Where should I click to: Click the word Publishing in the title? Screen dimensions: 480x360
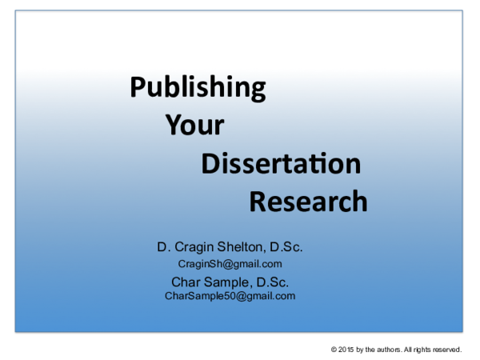coord(198,88)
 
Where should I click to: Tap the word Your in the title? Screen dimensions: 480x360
coord(194,124)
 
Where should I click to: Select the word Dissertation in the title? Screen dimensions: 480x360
coord(281,163)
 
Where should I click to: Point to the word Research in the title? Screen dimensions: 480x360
coord(308,201)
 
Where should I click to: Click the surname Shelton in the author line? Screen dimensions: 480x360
coord(242,247)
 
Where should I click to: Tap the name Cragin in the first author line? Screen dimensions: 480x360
coord(194,247)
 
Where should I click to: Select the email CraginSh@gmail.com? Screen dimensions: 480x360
coord(230,264)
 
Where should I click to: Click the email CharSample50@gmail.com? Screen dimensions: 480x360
coord(230,296)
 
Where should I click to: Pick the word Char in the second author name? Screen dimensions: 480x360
coord(186,282)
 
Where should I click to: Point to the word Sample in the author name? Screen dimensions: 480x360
coord(228,282)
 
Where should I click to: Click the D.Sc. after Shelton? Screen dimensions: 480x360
coord(286,247)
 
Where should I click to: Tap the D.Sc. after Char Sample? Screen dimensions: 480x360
coord(273,282)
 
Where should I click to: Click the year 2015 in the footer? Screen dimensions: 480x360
coord(346,350)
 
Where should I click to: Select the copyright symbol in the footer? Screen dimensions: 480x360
coord(334,350)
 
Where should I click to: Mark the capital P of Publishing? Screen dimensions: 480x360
coord(138,86)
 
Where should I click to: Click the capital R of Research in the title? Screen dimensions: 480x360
coord(258,201)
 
